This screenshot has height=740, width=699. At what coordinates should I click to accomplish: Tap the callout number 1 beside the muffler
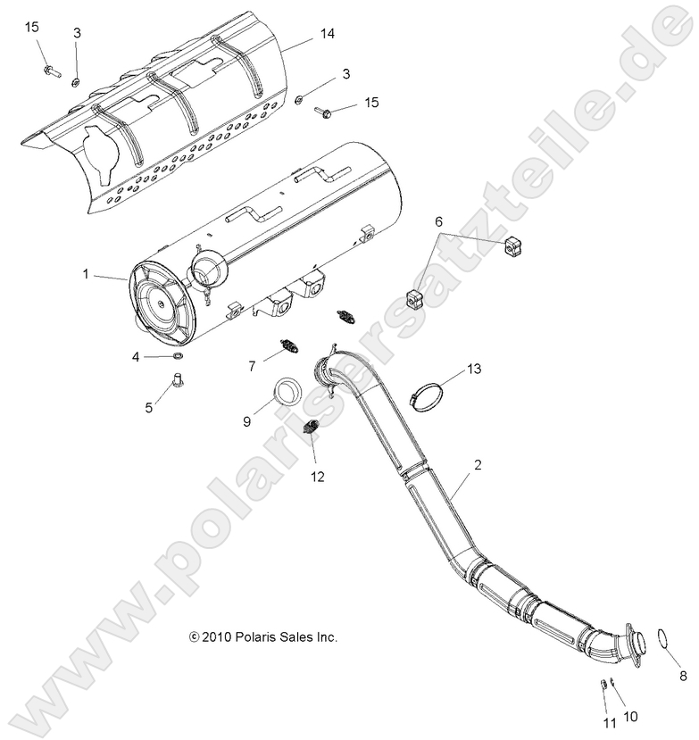[x=87, y=275]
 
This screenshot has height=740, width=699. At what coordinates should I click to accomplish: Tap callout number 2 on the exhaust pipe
[x=478, y=465]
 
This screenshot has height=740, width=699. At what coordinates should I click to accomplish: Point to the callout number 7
[x=253, y=365]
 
